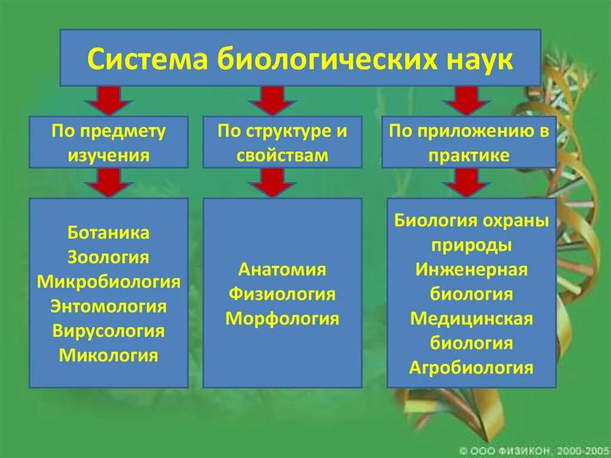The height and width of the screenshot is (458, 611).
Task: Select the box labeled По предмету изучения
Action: [109, 143]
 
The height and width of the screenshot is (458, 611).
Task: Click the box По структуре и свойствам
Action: [282, 143]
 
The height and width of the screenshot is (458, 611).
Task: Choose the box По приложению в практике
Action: [468, 143]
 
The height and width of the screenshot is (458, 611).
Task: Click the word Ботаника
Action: [109, 233]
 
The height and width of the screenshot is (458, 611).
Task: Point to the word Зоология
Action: [109, 257]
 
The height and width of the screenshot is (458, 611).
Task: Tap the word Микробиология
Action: [109, 282]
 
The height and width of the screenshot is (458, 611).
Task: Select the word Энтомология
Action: [109, 307]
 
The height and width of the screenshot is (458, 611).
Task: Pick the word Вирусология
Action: [109, 331]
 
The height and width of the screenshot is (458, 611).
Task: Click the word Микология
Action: [109, 356]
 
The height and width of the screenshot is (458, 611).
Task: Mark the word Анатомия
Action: [282, 269]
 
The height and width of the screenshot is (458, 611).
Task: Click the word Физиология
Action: [282, 294]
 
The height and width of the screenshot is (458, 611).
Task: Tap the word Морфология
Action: [282, 319]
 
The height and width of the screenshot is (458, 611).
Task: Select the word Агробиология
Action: [471, 367]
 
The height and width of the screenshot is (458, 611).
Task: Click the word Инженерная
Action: [471, 269]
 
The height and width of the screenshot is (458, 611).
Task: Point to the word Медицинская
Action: [471, 318]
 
